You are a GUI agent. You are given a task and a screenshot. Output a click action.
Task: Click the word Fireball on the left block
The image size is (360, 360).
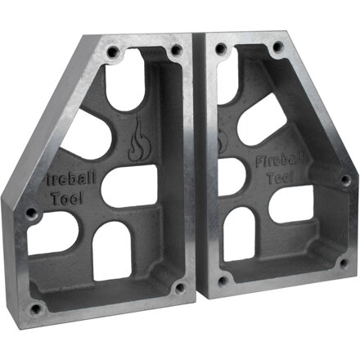(x=70, y=178)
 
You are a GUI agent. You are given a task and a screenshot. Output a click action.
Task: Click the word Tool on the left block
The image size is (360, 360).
(x=67, y=198)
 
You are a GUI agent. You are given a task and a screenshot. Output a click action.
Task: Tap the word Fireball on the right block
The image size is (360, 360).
(x=280, y=161)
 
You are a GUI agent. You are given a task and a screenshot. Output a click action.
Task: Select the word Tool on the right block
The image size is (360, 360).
(x=280, y=178)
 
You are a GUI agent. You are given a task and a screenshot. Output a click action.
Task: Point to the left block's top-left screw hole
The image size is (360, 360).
(x=113, y=51)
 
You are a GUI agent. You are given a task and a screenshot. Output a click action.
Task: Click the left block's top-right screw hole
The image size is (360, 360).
(x=176, y=50)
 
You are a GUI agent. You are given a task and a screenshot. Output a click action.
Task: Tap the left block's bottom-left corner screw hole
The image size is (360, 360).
(x=35, y=308)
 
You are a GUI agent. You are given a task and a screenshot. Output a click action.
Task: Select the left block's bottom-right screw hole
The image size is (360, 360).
(x=180, y=287)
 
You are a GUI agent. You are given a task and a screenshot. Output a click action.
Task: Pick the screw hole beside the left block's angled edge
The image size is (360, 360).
(x=32, y=213)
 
